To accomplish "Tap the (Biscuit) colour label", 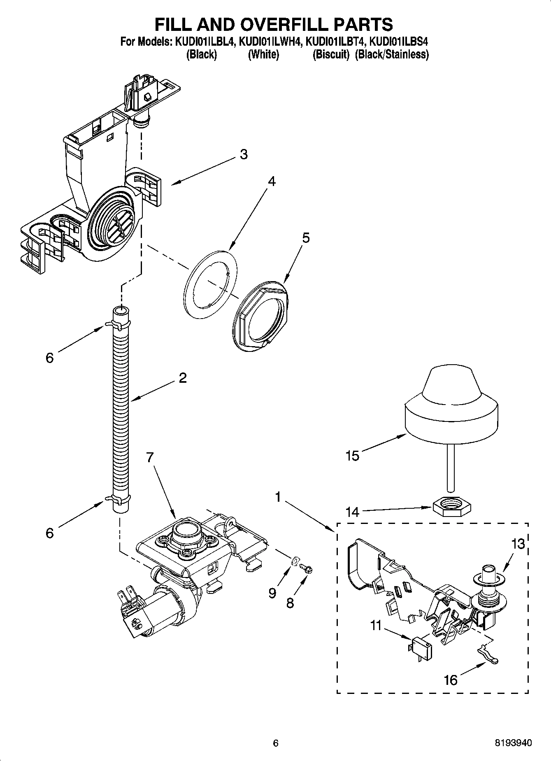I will tap(331, 54).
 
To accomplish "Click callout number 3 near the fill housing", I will tap(244, 154).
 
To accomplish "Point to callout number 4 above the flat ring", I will tap(271, 181).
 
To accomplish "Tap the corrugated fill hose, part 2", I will tap(121, 403).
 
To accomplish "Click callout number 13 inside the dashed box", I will tap(518, 544).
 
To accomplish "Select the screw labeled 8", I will tap(307, 568).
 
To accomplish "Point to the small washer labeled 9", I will tap(295, 561).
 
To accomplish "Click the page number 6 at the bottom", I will tap(276, 743).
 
